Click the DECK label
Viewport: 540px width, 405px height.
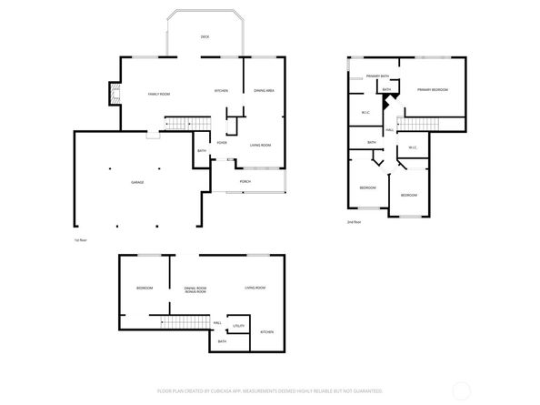[x=205, y=36]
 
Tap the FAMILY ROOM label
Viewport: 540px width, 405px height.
[x=159, y=94]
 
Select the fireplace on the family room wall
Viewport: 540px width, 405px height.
[x=113, y=95]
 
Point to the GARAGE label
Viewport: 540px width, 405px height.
[x=137, y=183]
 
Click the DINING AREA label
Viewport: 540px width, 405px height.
[x=265, y=91]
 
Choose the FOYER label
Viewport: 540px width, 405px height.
[x=221, y=144]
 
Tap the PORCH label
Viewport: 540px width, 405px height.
[x=245, y=182]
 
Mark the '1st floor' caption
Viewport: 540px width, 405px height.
[x=81, y=240]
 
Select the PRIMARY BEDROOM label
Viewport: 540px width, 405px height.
[x=433, y=89]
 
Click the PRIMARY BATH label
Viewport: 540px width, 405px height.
[x=378, y=76]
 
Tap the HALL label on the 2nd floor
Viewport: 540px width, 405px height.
[x=389, y=130]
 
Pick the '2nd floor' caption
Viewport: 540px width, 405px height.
[x=353, y=222]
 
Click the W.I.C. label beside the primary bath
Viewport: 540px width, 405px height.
[x=365, y=113]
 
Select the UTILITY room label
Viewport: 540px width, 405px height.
[x=238, y=325]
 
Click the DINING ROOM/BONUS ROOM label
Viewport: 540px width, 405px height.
[x=195, y=289]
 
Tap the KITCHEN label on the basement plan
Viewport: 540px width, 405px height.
[x=267, y=332]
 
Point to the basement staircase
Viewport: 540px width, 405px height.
[x=178, y=322]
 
